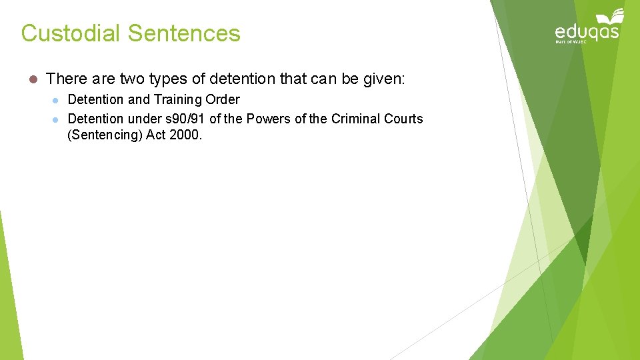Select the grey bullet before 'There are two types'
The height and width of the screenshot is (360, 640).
click(31, 79)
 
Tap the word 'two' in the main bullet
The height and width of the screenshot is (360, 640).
click(132, 79)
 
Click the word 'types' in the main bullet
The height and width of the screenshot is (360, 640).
click(170, 79)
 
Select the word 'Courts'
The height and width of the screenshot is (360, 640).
click(403, 119)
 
